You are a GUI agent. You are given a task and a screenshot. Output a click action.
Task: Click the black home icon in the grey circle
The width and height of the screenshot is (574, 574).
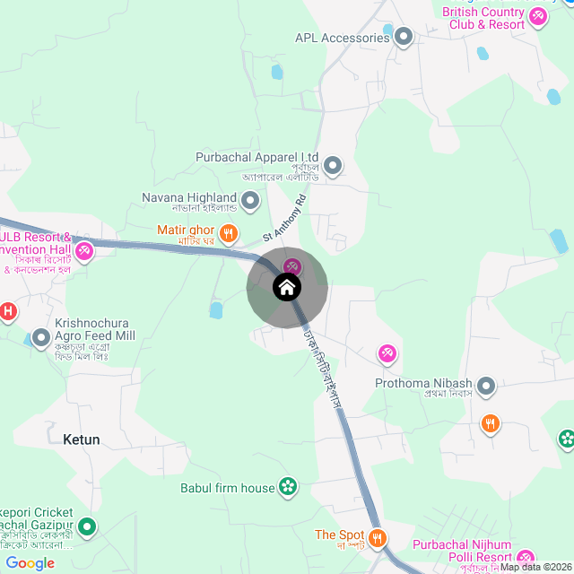pyautogui.click(x=287, y=287)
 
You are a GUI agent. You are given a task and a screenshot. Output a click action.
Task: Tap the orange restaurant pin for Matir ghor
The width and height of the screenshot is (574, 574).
pyautogui.click(x=229, y=233)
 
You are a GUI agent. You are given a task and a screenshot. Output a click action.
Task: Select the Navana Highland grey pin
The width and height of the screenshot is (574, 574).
pyautogui.click(x=250, y=199)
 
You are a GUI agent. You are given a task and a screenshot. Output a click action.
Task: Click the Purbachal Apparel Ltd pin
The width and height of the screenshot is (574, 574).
pyautogui.click(x=334, y=165)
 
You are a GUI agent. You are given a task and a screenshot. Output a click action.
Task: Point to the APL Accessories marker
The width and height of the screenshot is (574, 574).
pyautogui.click(x=404, y=38)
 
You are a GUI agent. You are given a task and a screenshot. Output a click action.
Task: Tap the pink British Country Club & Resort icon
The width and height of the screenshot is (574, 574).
pyautogui.click(x=538, y=15)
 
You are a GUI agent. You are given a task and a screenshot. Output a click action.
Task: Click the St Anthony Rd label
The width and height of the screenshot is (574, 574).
pyautogui.click(x=284, y=217)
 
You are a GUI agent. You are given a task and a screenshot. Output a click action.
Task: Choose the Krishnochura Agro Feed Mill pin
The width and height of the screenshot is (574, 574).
pyautogui.click(x=41, y=338)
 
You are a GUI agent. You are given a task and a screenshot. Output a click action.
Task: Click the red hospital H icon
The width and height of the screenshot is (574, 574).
pyautogui.click(x=8, y=312)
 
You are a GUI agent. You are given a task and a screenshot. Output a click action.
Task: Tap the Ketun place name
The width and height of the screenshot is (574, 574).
pyautogui.click(x=82, y=439)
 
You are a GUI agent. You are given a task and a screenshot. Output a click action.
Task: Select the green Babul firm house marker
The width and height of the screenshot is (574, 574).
pyautogui.click(x=288, y=487)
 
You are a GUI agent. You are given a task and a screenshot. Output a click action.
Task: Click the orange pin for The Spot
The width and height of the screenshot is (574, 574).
pyautogui.click(x=378, y=538)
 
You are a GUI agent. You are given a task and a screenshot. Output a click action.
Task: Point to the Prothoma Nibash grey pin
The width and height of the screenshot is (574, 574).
pyautogui.click(x=486, y=387)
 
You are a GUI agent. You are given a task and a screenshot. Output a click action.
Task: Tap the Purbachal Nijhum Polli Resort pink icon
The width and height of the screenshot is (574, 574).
pyautogui.click(x=526, y=557)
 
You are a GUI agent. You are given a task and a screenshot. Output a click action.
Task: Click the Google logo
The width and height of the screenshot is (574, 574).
pyautogui.click(x=30, y=563)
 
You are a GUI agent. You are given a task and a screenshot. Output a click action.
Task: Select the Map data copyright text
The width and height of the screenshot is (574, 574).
pyautogui.click(x=535, y=567)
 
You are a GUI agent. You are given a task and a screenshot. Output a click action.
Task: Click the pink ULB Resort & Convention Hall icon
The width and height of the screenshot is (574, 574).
pyautogui.click(x=84, y=251)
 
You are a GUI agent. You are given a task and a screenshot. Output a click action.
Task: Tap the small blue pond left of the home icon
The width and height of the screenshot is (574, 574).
pyautogui.click(x=215, y=311)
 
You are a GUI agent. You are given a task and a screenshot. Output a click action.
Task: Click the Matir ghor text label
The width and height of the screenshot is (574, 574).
pyautogui.click(x=186, y=230)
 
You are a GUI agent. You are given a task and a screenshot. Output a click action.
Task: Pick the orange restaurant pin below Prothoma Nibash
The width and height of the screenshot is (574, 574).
pyautogui.click(x=490, y=422)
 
